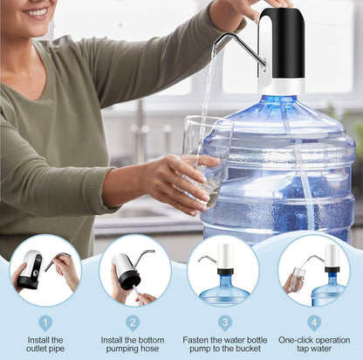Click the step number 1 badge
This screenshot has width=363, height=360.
pyautogui.click(x=45, y=322)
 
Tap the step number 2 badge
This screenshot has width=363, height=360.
pyautogui.click(x=134, y=322)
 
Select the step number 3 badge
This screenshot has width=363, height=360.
pyautogui.click(x=223, y=322)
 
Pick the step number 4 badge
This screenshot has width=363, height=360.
pyautogui.click(x=313, y=322)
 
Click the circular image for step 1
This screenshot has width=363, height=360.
pyautogui.click(x=45, y=269)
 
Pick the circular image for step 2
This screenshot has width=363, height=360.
pyautogui.click(x=134, y=269)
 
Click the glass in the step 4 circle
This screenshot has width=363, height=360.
pyautogui.click(x=298, y=280)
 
